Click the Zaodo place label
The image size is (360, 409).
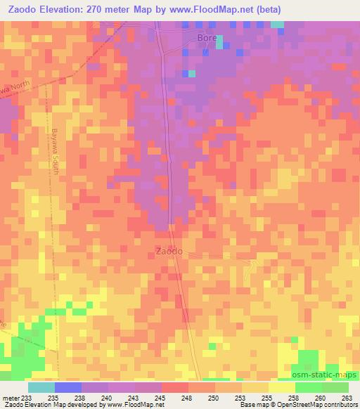(169, 251)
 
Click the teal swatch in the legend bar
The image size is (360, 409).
(41, 387)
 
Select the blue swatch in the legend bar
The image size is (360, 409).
(67, 387)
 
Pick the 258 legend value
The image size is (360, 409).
(292, 398)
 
